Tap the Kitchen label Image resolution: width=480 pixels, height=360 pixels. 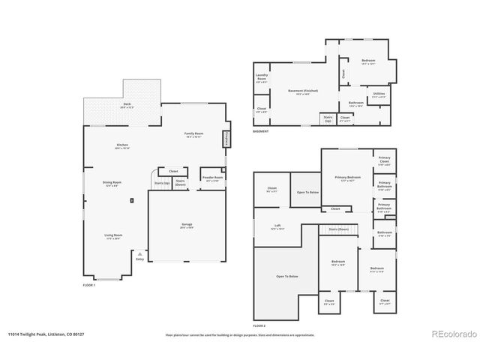click(122, 146)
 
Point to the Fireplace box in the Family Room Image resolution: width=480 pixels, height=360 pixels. click(225, 139)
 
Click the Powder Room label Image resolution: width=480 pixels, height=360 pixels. click(211, 178)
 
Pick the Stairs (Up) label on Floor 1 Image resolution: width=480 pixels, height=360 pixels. click(160, 182)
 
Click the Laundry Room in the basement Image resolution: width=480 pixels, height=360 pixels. click(262, 77)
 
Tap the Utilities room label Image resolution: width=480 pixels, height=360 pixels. click(379, 95)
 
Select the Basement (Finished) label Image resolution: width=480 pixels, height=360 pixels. click(299, 92)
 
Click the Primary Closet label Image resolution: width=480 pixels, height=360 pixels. click(383, 160)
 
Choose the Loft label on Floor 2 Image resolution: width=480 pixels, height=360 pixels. click(277, 226)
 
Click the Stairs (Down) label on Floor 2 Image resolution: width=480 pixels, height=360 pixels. click(338, 229)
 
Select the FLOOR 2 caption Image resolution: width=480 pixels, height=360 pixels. click(259, 326)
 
